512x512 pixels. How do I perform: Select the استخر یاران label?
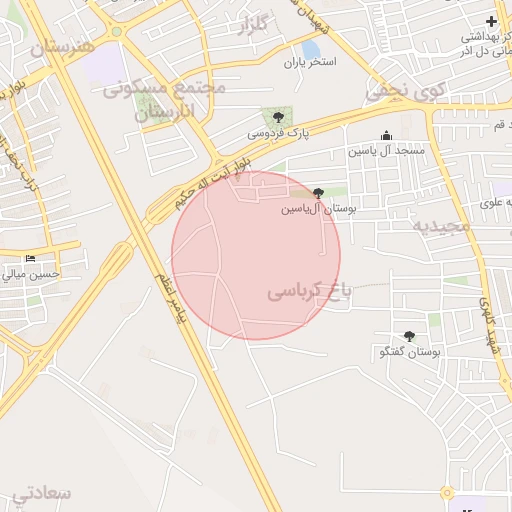309,62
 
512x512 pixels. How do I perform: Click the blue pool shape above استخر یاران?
311,48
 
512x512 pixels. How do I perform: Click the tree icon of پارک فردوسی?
278,117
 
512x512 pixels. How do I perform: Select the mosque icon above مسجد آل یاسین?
387,136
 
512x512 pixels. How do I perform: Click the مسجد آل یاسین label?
386,150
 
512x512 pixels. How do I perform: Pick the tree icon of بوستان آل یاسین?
319,193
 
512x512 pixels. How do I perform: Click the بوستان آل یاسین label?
318,209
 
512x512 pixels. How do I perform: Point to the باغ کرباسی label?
310,292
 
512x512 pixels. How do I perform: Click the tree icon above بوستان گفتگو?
408,337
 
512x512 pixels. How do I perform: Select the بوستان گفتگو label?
405,352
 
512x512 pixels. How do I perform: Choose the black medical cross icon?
490,21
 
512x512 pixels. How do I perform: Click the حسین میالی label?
31,273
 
